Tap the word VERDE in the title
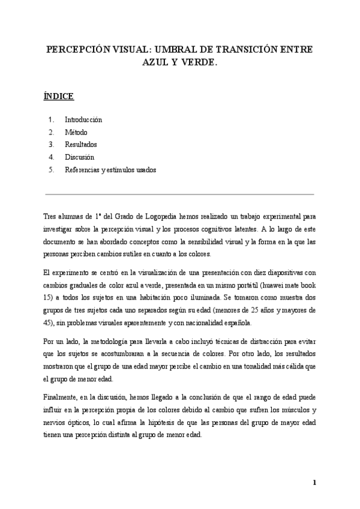click(x=194, y=62)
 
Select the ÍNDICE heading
click(x=58, y=95)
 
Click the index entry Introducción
click(x=83, y=119)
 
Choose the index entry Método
click(x=76, y=132)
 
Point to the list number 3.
click(x=52, y=145)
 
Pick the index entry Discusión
click(x=80, y=157)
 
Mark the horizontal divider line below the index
click(x=179, y=194)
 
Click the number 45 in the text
click(x=49, y=323)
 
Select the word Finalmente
click(x=61, y=397)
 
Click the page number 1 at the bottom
click(x=314, y=483)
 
